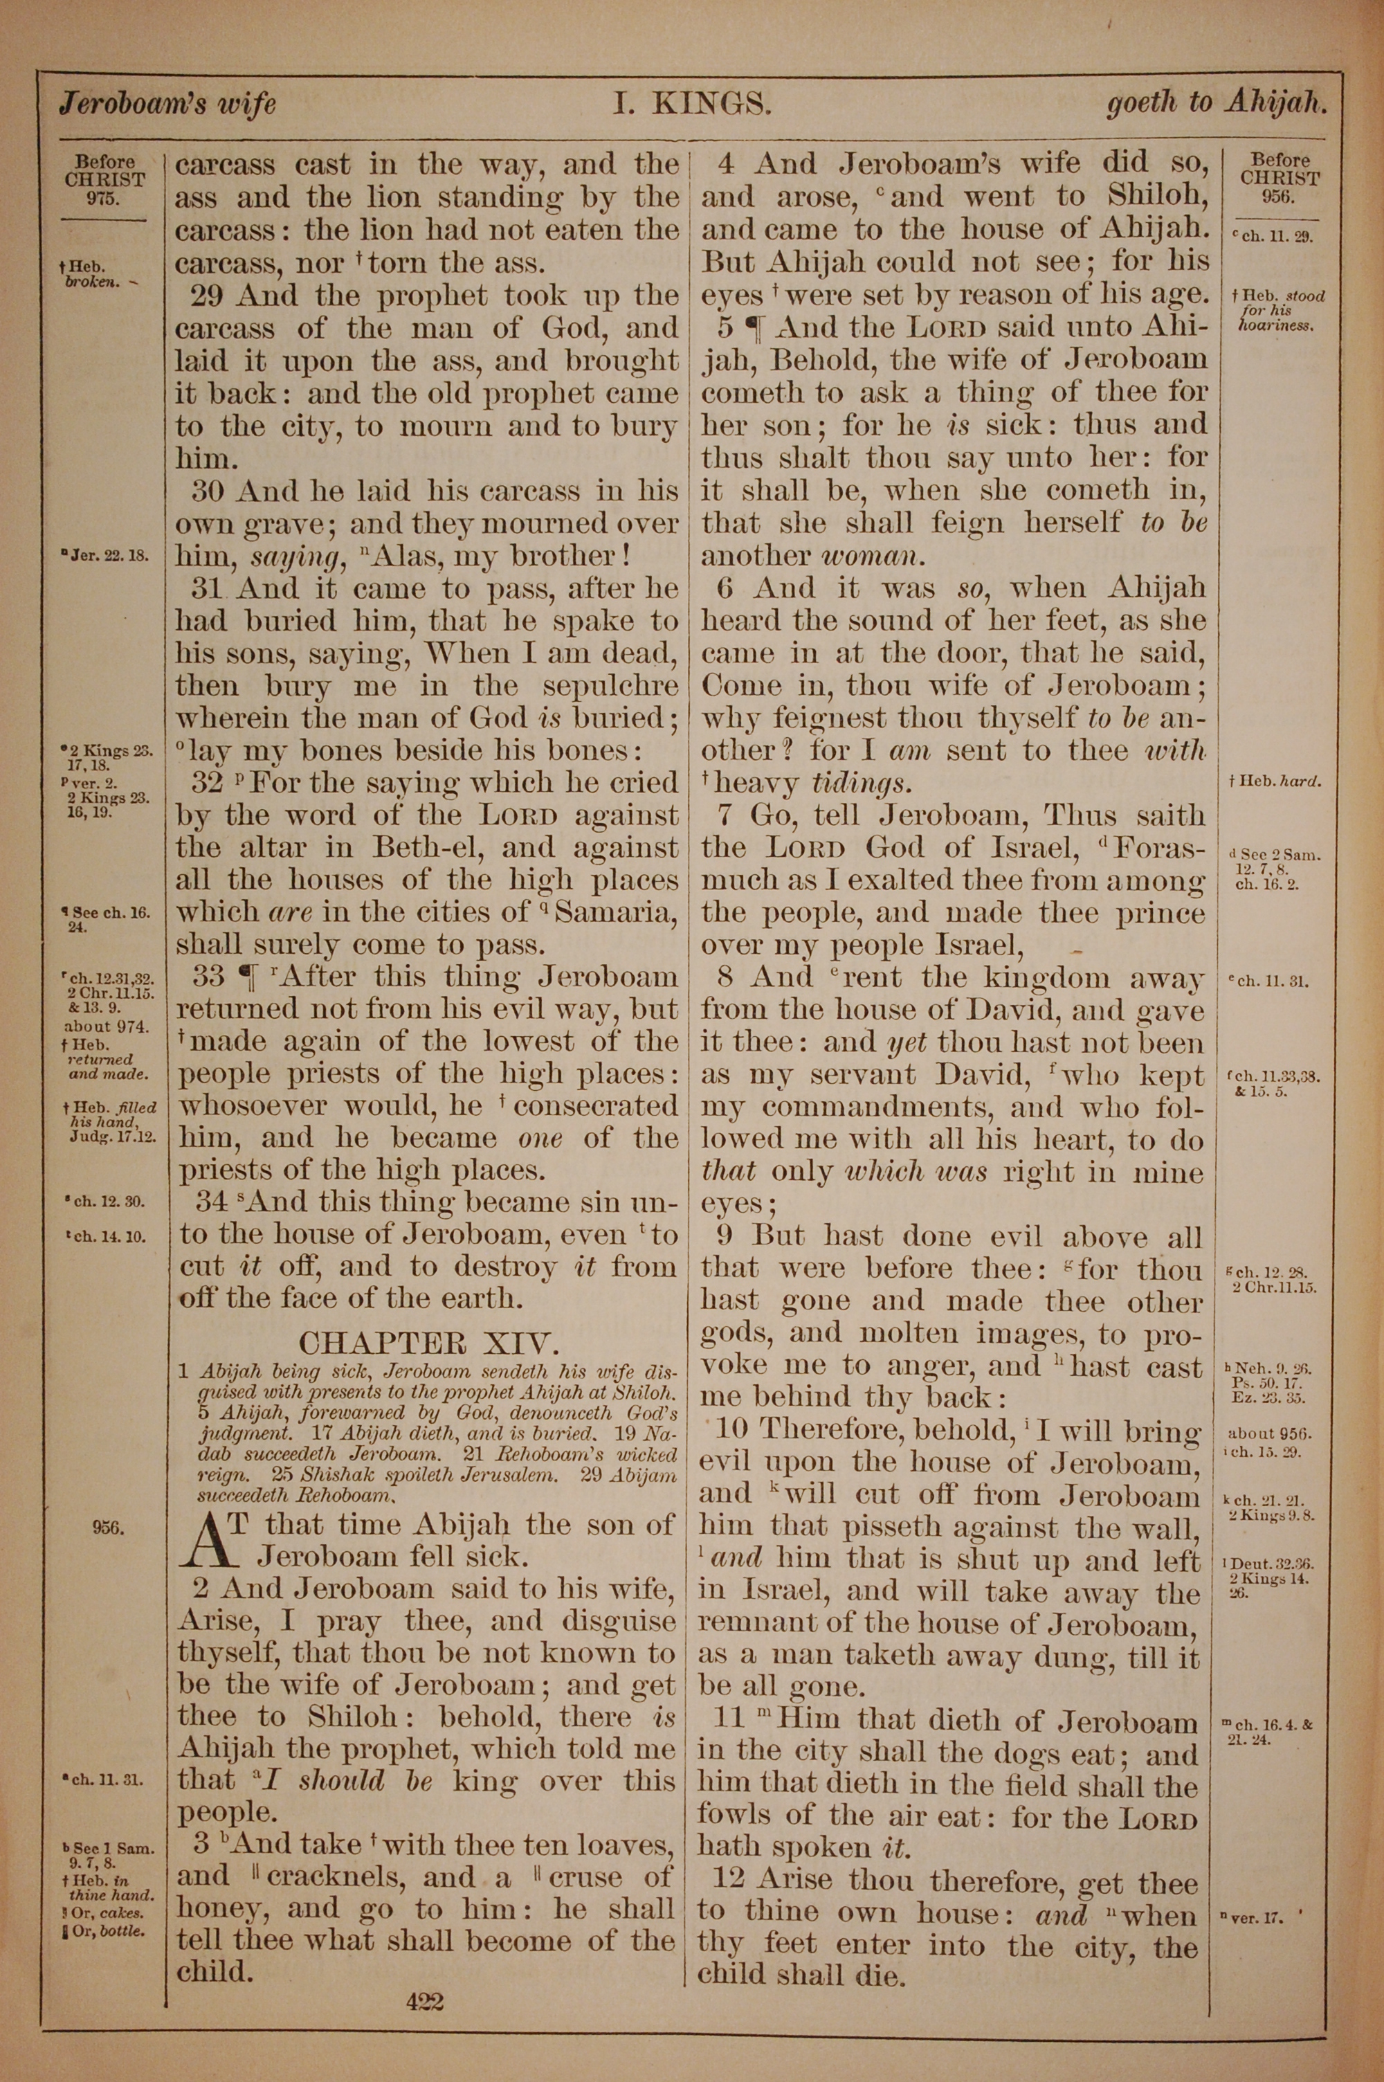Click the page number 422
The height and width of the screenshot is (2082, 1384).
pyautogui.click(x=425, y=2002)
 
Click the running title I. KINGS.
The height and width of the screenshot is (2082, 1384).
pyautogui.click(x=693, y=105)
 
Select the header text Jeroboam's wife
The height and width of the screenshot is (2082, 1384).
pyautogui.click(x=167, y=105)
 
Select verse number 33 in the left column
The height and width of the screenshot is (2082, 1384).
pyautogui.click(x=208, y=977)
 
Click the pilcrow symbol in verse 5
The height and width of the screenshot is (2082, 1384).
pyautogui.click(x=754, y=328)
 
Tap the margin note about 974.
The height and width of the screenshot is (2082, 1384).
pyautogui.click(x=106, y=1026)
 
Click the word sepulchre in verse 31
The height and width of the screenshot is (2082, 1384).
pyautogui.click(x=610, y=686)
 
